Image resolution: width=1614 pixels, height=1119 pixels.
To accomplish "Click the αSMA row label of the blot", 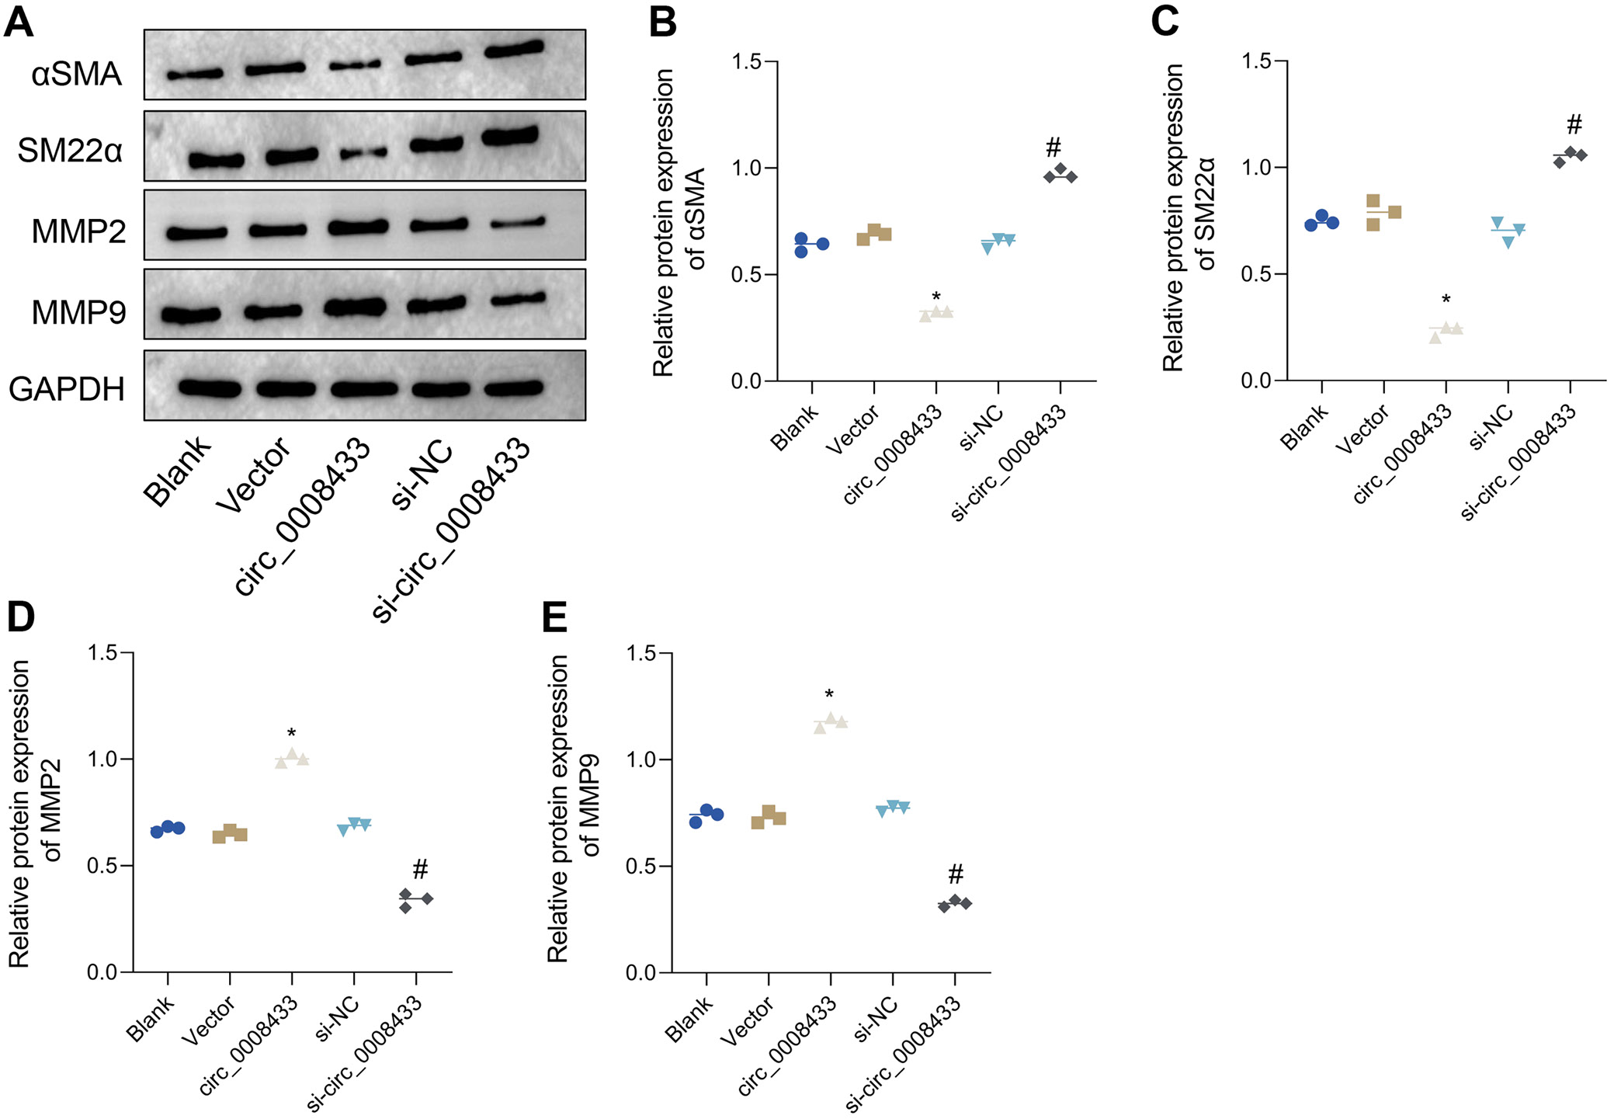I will pyautogui.click(x=76, y=75).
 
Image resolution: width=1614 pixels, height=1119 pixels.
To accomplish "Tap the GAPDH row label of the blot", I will pyautogui.click(x=67, y=388).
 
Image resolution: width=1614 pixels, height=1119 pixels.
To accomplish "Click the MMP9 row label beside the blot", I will pyautogui.click(x=78, y=312).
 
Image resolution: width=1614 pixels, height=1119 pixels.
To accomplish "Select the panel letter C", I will pyautogui.click(x=1165, y=21).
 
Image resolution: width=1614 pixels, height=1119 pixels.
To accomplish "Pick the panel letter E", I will pyautogui.click(x=554, y=618).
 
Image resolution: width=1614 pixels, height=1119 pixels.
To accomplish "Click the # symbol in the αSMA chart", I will pyautogui.click(x=1053, y=147).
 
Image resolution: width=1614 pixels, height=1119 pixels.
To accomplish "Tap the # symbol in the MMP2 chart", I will pyautogui.click(x=420, y=868).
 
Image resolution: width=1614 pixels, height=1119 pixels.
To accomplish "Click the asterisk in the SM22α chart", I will pyautogui.click(x=1446, y=300).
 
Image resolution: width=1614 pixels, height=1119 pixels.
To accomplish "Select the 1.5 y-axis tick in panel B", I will pyautogui.click(x=746, y=61).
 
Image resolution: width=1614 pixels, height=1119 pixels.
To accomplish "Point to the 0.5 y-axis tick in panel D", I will pyautogui.click(x=102, y=866).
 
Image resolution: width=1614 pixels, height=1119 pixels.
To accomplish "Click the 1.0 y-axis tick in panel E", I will pyautogui.click(x=640, y=759).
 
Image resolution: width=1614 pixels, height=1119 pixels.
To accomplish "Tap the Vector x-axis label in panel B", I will pyautogui.click(x=852, y=429).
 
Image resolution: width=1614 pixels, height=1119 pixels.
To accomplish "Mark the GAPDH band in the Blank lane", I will pyautogui.click(x=208, y=388).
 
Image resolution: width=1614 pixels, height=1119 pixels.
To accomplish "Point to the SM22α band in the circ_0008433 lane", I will pyautogui.click(x=363, y=154).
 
